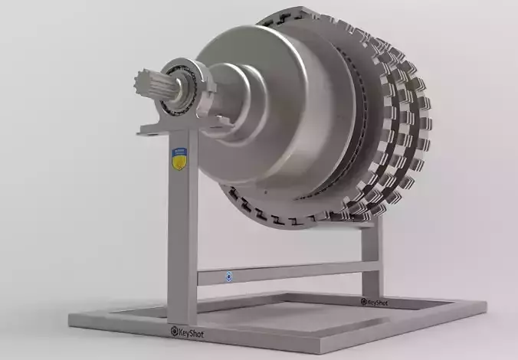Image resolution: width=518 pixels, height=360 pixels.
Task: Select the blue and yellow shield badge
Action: click(179, 159)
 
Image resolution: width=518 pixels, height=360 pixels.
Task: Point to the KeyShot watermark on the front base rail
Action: click(188, 332)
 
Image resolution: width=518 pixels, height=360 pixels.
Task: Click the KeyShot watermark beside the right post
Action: click(375, 302)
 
